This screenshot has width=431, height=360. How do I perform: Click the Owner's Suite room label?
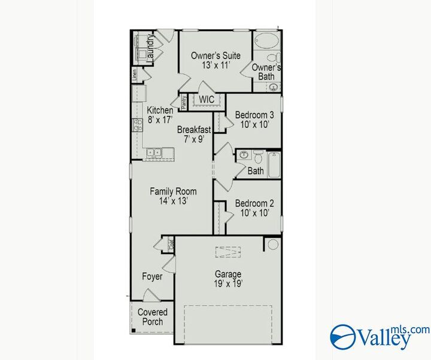pos(215,56)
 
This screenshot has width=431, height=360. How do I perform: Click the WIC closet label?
pos(207,99)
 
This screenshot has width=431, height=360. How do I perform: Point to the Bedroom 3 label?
pos(254,115)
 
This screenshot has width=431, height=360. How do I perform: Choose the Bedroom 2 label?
pos(254,203)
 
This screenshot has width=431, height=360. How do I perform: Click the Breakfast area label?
pos(194,129)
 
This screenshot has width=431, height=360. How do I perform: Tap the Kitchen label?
pos(160,110)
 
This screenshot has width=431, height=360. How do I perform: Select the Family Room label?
pos(173,191)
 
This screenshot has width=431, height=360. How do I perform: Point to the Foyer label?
pos(152,276)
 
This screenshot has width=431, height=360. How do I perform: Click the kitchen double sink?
pos(153,153)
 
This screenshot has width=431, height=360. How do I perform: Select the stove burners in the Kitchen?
pos(136,124)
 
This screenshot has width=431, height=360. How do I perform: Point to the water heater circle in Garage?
pos(273,244)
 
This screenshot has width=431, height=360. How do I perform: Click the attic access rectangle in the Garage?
pos(227,252)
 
